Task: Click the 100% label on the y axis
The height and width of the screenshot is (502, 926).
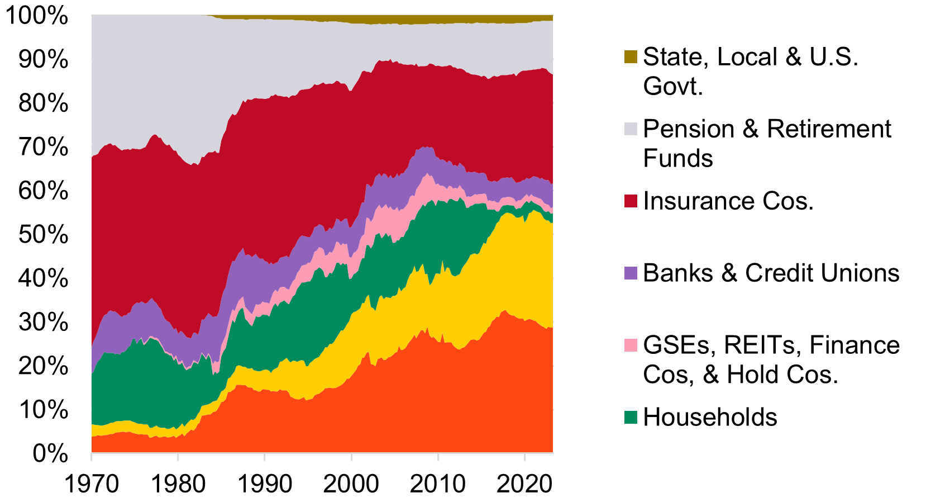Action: pos(37,16)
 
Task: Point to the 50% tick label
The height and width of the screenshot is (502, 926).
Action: pos(43,234)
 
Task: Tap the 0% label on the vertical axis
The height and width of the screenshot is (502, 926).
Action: pos(50,453)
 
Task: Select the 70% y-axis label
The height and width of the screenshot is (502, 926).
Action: pos(43,147)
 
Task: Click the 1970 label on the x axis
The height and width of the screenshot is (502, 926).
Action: pos(92,484)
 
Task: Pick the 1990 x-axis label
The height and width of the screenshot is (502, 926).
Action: pos(265,484)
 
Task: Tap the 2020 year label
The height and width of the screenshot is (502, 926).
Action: pos(524,484)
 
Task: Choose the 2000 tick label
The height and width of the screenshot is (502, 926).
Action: pos(351,484)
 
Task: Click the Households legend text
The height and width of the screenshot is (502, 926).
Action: pos(710,417)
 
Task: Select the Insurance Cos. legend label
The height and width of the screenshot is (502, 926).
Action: pos(728,201)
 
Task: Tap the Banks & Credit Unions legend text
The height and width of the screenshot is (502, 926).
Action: pos(771,273)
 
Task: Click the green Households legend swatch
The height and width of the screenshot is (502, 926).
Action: pos(631,417)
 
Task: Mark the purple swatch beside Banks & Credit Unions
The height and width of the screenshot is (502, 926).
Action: pos(631,273)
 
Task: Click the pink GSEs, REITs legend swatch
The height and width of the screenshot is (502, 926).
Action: pos(631,345)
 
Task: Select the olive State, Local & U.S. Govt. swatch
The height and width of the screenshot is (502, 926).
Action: pos(631,56)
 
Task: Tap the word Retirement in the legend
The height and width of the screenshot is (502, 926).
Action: pos(828,129)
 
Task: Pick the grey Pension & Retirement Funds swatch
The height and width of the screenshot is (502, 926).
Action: pos(631,129)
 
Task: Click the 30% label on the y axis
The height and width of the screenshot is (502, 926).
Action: pos(43,322)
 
